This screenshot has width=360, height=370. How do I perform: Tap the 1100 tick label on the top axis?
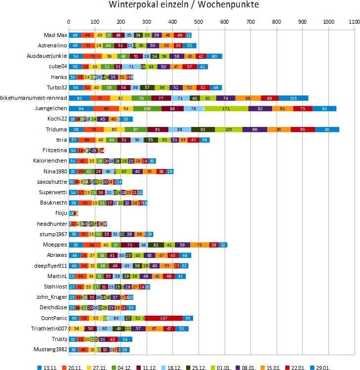click(354, 22)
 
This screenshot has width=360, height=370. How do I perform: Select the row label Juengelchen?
click(51, 108)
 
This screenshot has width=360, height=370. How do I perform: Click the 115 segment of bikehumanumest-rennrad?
click(293, 98)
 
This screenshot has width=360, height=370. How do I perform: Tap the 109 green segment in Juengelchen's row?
click(147, 109)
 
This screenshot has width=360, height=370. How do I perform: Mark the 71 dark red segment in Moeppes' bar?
click(130, 245)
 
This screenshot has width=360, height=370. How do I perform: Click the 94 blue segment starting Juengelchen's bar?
click(80, 109)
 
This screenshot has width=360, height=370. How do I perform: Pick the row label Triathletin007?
click(49, 329)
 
